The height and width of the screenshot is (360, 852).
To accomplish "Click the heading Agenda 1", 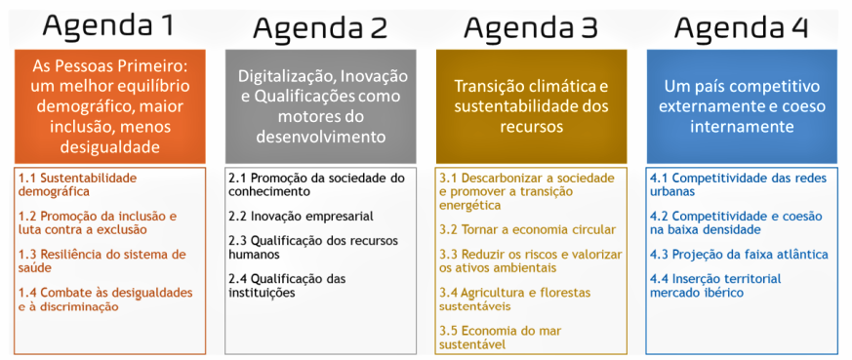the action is click(109, 25).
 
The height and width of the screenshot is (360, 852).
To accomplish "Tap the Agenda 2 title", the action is click(320, 26).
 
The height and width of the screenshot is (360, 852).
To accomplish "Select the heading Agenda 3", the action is click(531, 26).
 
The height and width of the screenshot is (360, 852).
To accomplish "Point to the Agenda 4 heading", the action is click(742, 26).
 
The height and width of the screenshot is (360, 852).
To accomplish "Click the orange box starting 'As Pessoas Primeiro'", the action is click(109, 106).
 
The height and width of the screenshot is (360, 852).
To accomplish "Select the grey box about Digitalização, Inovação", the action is click(320, 106).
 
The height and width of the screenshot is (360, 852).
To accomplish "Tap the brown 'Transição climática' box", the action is click(532, 106).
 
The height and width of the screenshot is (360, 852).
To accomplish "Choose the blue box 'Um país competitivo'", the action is click(743, 106).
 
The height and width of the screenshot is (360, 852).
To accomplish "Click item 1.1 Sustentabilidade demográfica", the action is click(78, 184).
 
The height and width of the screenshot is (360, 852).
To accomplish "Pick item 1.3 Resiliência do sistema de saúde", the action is click(102, 261).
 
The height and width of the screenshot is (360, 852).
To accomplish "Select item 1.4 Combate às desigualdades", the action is click(105, 300).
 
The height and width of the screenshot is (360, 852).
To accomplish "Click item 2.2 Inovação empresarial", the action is click(301, 217).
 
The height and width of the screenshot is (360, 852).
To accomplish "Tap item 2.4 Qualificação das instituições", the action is click(288, 286).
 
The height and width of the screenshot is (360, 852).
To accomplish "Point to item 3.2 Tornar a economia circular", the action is click(528, 229).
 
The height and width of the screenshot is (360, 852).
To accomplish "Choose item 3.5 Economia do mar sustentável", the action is click(501, 338).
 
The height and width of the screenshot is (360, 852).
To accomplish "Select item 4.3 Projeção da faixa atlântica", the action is click(739, 254).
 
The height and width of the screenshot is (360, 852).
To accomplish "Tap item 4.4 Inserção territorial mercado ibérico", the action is click(715, 286).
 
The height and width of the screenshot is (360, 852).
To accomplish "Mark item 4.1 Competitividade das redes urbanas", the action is click(739, 184).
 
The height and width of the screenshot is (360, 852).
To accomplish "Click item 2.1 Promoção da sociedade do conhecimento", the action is click(317, 184).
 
